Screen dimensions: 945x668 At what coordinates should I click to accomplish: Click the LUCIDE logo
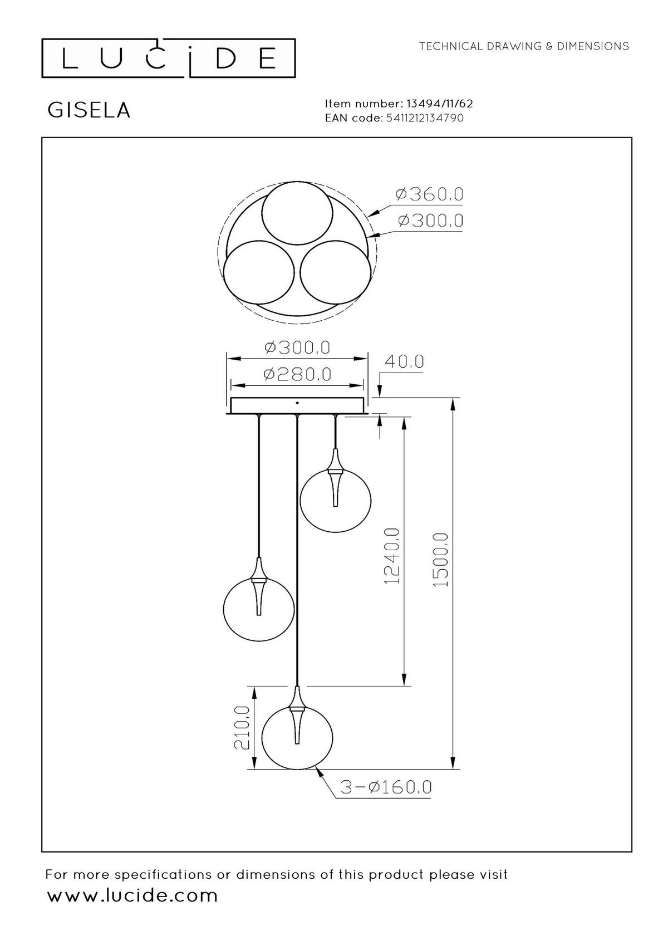(169, 58)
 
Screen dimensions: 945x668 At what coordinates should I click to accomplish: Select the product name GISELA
(89, 110)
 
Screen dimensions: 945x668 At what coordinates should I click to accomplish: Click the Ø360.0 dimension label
(429, 195)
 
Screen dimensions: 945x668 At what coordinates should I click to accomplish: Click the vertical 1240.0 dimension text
(392, 556)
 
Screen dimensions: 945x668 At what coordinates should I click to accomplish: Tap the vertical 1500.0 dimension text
(441, 560)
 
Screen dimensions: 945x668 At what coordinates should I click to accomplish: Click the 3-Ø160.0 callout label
(386, 787)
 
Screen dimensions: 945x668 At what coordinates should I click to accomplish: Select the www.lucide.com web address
(132, 896)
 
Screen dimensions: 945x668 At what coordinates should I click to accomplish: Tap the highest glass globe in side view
(335, 498)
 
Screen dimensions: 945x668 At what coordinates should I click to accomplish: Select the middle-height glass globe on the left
(258, 608)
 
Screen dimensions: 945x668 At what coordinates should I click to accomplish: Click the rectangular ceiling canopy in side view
(297, 406)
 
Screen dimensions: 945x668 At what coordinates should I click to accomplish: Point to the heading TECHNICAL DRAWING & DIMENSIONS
(524, 47)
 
